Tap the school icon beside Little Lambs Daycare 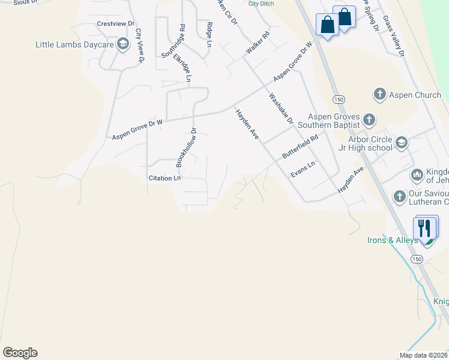tap(123, 44)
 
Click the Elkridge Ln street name tap(182, 68)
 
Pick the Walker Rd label tap(258, 45)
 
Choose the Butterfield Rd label tap(300, 146)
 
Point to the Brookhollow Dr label tap(186, 147)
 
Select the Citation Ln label tap(164, 178)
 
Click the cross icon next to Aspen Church tap(379, 94)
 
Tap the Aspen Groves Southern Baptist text tap(334, 121)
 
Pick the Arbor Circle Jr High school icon tap(402, 143)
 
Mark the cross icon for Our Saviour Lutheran tap(399, 196)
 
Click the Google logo tap(20, 353)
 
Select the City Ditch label tap(262, 4)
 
